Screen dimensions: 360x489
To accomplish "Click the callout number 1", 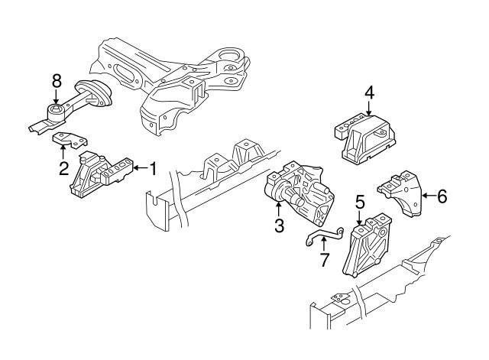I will [x=152, y=168].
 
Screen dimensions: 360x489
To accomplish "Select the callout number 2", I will [x=64, y=167].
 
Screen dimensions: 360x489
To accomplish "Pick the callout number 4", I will [x=369, y=93].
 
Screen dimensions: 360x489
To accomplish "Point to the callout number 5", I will [x=360, y=203].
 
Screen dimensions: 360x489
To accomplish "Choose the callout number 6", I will [x=441, y=196].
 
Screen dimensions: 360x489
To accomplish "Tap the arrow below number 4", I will [x=369, y=110].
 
